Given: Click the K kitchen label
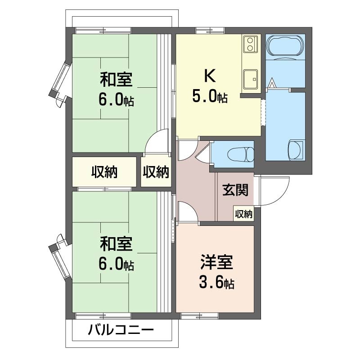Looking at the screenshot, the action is click(210, 75).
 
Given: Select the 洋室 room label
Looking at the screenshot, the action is click(217, 262).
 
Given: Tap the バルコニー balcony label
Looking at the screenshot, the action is click(121, 330).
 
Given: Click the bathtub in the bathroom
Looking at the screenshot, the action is click(285, 45).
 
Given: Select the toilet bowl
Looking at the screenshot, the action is click(242, 154).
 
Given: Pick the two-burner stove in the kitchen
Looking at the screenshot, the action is click(250, 44).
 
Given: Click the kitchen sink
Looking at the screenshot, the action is click(251, 79).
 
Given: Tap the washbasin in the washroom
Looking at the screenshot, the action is click(296, 150).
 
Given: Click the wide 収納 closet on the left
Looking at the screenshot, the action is click(104, 172).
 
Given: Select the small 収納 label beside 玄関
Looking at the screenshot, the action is click(243, 214).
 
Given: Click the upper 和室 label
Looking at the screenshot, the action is click(116, 80).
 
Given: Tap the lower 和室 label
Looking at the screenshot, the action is click(116, 244).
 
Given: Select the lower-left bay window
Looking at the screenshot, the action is click(60, 260).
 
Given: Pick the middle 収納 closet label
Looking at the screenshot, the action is click(156, 172).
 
